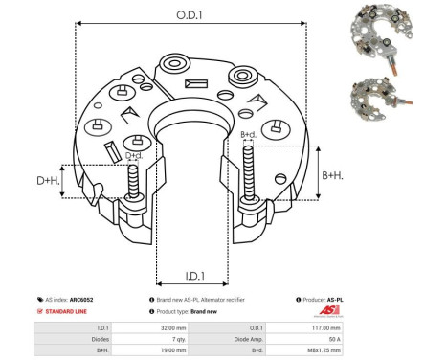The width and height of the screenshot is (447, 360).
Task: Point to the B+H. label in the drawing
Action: click(332, 174)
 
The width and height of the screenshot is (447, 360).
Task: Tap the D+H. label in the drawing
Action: click(49, 179)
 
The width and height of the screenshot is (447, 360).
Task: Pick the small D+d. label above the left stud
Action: click(133, 155)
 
